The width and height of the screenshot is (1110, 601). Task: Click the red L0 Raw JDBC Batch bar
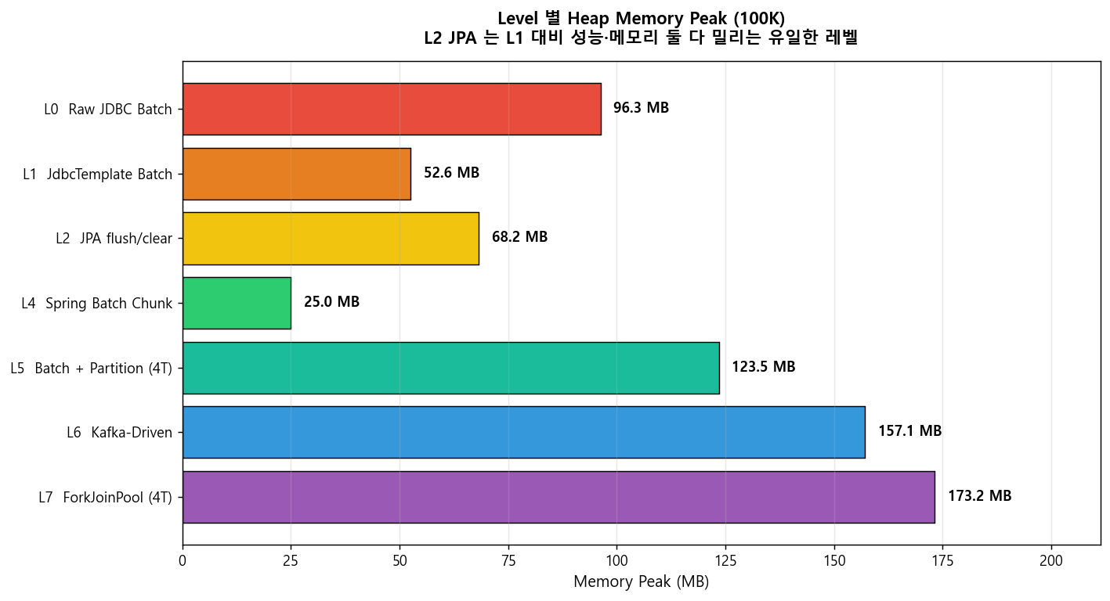coord(392,109)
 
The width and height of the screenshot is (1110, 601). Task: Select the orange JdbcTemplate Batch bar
coord(297,174)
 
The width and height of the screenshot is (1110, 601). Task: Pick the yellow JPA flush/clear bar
coord(331,239)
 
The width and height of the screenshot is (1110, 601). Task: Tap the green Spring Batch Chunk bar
coord(237,303)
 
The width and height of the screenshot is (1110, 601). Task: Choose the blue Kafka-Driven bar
coord(524,432)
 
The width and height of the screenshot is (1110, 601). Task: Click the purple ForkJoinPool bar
coord(559,497)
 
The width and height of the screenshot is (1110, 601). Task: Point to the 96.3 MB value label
coord(641,107)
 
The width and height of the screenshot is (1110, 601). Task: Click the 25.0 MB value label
coord(331,301)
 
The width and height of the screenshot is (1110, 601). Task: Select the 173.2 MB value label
coord(979,495)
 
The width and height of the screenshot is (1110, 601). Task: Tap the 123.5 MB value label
coord(763,366)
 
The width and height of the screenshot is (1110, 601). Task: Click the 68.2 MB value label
coord(519,236)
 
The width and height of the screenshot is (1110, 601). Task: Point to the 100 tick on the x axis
coord(617,560)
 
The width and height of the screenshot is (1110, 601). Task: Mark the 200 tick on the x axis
coord(1051,560)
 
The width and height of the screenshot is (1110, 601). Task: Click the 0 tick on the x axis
coord(183,560)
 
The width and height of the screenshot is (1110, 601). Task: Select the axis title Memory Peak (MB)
coord(642,581)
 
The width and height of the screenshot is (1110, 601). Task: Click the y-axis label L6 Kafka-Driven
coord(119,433)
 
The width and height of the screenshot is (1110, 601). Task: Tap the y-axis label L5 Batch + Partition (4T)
coord(91,369)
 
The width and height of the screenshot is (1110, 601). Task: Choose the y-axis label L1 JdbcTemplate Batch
coord(98,175)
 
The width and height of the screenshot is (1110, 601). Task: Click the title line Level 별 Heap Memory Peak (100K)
coord(642,18)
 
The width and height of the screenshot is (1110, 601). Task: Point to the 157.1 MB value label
coord(909,430)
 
